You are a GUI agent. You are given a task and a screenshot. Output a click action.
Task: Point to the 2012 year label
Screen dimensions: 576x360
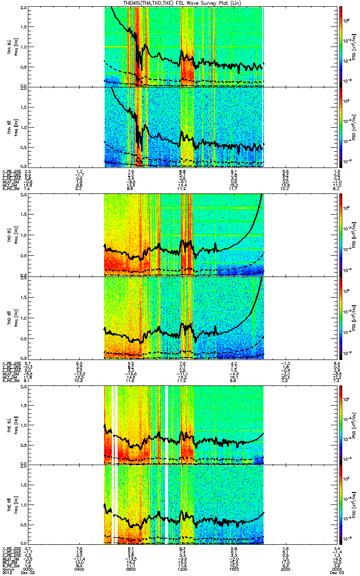7,573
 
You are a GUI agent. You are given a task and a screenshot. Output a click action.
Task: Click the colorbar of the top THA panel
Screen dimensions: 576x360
341,46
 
